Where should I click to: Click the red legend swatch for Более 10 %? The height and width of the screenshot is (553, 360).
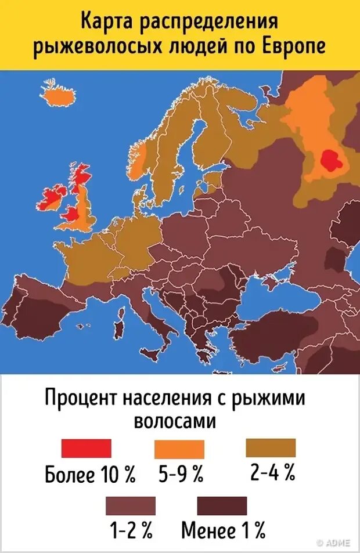(86, 449)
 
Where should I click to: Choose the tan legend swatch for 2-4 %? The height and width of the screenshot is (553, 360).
(271, 448)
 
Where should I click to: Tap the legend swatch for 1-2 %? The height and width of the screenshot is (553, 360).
(131, 505)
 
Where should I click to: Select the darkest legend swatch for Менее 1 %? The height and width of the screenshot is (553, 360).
(222, 505)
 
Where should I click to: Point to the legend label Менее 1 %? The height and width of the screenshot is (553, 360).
(224, 530)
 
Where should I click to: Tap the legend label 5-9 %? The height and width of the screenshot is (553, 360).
(181, 476)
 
